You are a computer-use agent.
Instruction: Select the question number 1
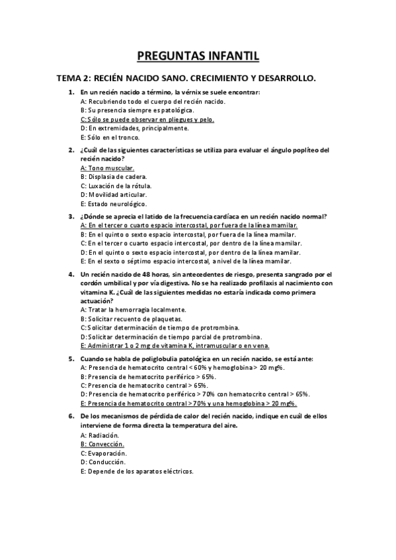tap(71, 92)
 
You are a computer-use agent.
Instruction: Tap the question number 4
tap(71, 273)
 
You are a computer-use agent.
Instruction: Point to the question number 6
tap(71, 416)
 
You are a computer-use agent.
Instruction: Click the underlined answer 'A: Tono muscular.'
tap(107, 168)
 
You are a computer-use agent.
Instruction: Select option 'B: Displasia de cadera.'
tap(114, 177)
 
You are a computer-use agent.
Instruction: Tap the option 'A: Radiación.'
tap(100, 435)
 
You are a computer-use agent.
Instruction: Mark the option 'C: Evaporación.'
tap(103, 454)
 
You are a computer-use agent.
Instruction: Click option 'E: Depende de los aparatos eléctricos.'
tap(137, 472)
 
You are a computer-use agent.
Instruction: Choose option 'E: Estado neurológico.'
tap(112, 205)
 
